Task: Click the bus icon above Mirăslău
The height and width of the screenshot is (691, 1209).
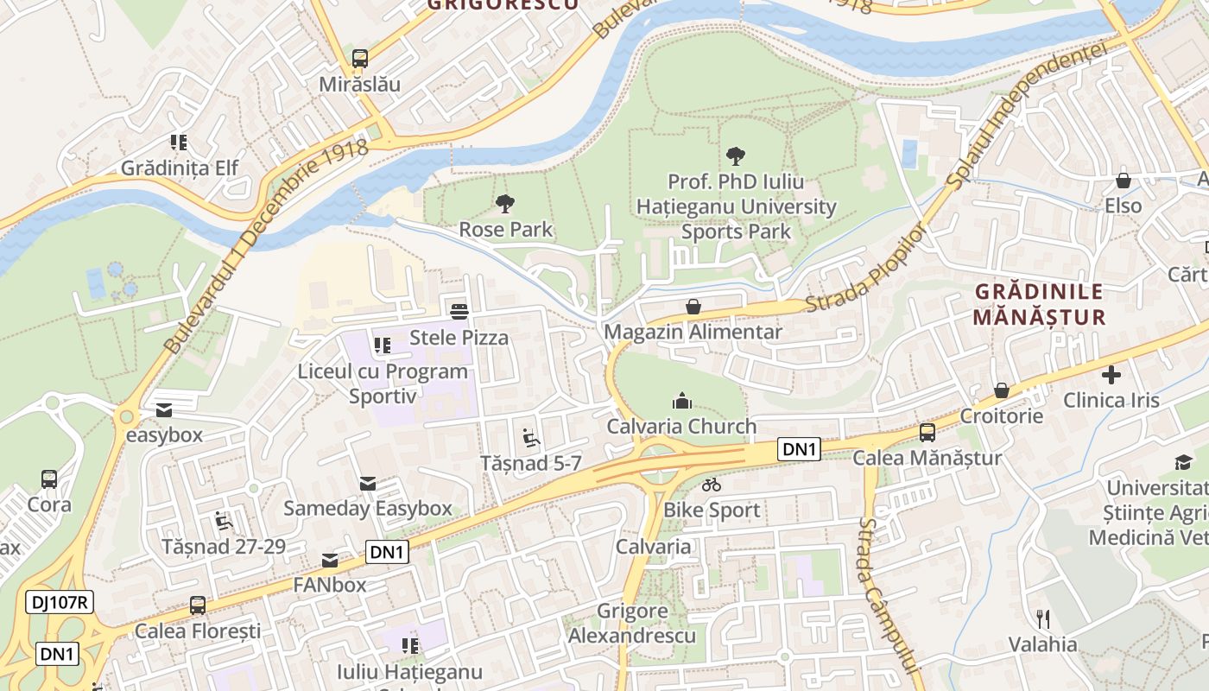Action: [x=360, y=59]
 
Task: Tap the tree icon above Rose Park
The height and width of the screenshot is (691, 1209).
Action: [x=505, y=205]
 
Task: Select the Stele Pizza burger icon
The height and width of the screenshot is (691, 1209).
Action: [x=459, y=311]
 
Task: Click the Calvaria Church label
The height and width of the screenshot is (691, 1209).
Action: [x=681, y=426]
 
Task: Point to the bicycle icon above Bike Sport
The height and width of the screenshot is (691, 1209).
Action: [x=711, y=485]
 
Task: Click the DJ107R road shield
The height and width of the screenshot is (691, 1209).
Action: [x=59, y=602]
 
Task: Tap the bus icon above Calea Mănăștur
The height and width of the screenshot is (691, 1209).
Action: [x=927, y=433]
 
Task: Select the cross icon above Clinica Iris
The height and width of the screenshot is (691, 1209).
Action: [x=1111, y=375]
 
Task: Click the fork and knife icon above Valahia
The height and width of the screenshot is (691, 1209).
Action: [x=1043, y=618]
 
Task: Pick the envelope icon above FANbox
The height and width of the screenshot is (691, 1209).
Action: [x=330, y=561]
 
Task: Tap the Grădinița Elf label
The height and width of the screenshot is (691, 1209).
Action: [x=179, y=168]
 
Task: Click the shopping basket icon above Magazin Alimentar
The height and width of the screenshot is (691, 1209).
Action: [x=693, y=307]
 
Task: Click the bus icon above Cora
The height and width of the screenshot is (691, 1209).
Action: [x=49, y=479]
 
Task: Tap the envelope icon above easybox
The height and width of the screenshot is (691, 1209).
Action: [x=164, y=410]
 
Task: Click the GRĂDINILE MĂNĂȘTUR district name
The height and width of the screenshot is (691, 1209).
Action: [x=1038, y=304]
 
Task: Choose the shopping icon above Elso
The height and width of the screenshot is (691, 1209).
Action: [x=1124, y=181]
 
